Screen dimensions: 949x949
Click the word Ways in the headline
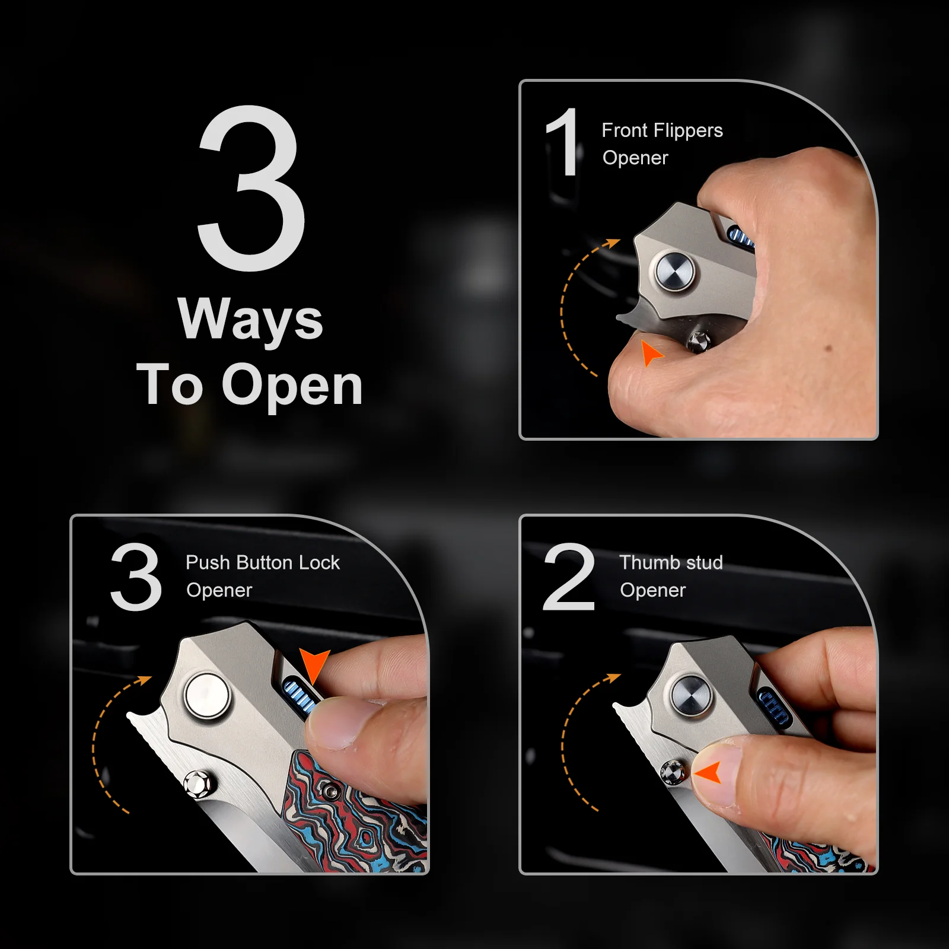(250, 320)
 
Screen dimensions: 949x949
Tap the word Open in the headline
(292, 386)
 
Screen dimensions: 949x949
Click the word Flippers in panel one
(688, 130)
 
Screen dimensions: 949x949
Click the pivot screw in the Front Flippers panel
(674, 271)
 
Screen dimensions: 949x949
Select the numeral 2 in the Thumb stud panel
(569, 576)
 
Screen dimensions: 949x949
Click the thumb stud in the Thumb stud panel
(674, 772)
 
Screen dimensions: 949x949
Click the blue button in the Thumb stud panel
(775, 708)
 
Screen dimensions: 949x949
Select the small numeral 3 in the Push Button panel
(136, 576)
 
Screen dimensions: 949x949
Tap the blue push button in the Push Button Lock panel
(300, 695)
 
